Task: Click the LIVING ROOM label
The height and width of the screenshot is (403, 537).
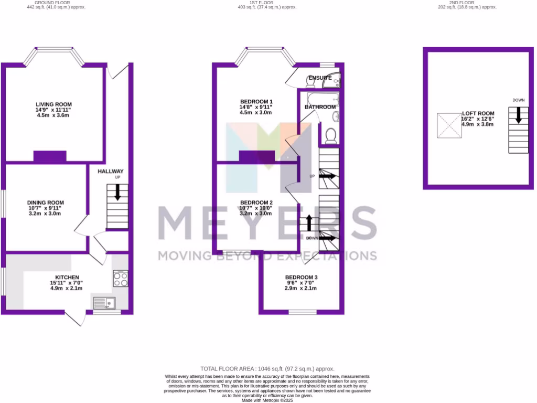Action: [53, 104]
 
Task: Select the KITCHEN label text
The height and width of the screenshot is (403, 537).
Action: [67, 277]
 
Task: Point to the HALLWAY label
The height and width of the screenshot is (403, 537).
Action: [111, 172]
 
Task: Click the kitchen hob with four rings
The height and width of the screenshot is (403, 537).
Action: [120, 278]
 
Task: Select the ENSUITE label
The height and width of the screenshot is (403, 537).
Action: [320, 78]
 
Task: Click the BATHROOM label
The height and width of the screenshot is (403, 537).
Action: [320, 107]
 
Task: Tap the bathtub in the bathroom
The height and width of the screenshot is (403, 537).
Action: [319, 98]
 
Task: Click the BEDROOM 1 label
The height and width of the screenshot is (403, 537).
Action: [256, 101]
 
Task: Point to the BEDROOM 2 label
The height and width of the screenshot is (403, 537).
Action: [256, 203]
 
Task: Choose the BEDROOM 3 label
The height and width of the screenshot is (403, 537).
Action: [301, 277]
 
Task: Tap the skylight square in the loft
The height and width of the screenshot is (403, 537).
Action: [449, 125]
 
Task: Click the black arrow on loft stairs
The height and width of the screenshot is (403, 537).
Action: [518, 115]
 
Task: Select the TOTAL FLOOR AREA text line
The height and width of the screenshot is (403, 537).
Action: [267, 369]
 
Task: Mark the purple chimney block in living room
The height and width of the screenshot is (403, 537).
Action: [50, 156]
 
